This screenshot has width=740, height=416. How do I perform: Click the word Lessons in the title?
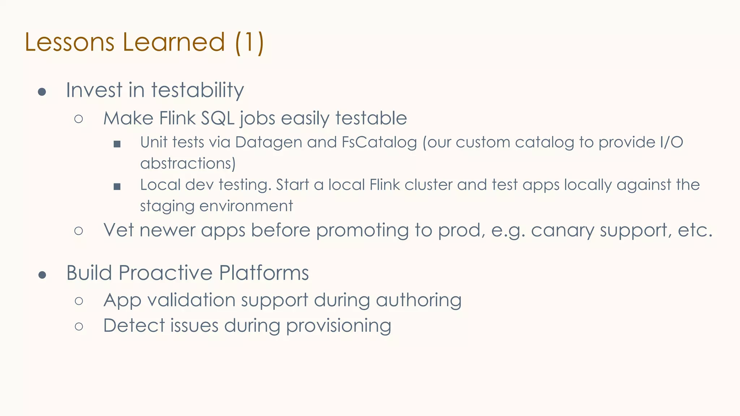pyautogui.click(x=69, y=42)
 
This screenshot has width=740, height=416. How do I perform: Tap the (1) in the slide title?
pyautogui.click(x=249, y=43)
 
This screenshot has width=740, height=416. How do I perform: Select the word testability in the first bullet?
pyautogui.click(x=198, y=90)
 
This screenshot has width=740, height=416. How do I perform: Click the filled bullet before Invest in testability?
pyautogui.click(x=42, y=92)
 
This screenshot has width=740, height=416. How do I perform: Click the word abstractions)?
pyautogui.click(x=188, y=164)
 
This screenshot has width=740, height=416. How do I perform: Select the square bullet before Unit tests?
pyautogui.click(x=117, y=144)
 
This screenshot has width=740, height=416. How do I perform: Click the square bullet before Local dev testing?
pyautogui.click(x=117, y=187)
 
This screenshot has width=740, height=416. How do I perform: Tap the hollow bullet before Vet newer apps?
pyautogui.click(x=79, y=231)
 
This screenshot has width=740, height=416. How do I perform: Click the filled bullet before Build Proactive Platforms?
pyautogui.click(x=42, y=275)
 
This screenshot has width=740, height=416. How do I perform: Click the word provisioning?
pyautogui.click(x=339, y=326)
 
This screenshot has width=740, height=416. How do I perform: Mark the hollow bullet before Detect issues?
pyautogui.click(x=79, y=326)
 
